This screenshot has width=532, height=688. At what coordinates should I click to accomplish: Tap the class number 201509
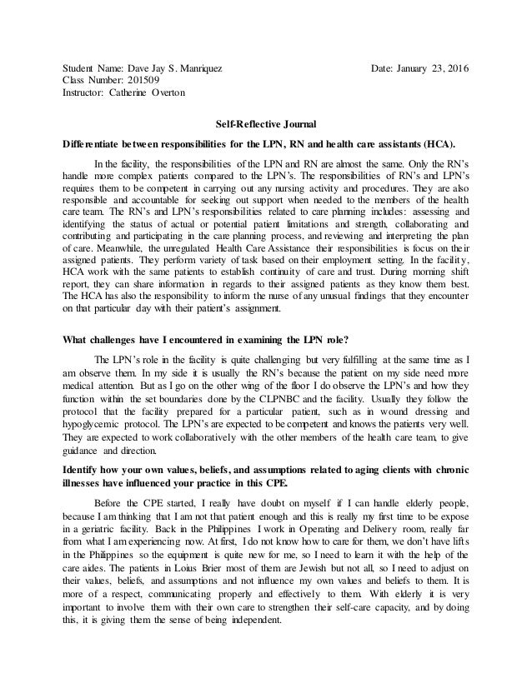(150, 79)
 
